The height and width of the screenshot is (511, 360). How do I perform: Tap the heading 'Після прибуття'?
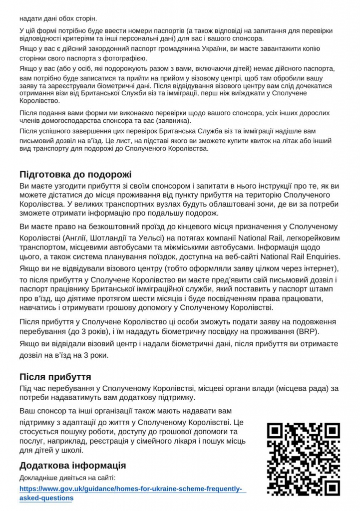[55, 377]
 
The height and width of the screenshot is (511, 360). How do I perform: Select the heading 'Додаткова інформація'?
[72, 466]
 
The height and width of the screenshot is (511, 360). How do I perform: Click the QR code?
[304, 459]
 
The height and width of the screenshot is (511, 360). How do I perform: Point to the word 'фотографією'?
[123, 58]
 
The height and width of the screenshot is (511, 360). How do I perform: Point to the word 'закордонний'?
[100, 48]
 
